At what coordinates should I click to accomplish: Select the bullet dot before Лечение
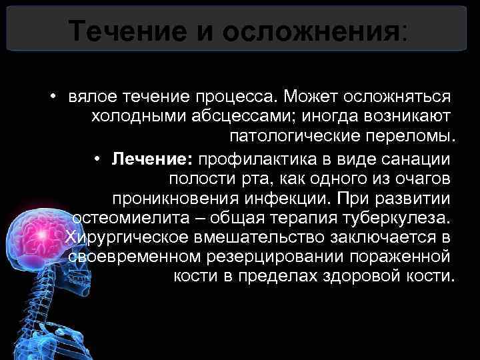[97, 158]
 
